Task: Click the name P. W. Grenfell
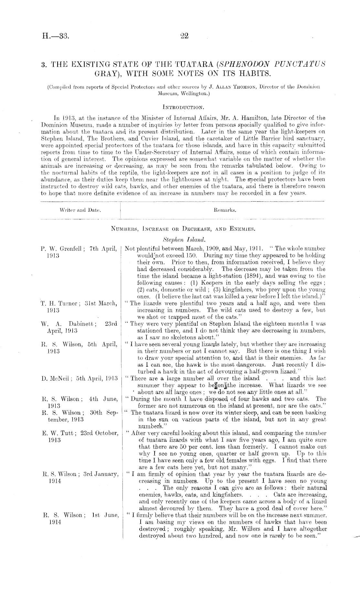click(62, 248)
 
